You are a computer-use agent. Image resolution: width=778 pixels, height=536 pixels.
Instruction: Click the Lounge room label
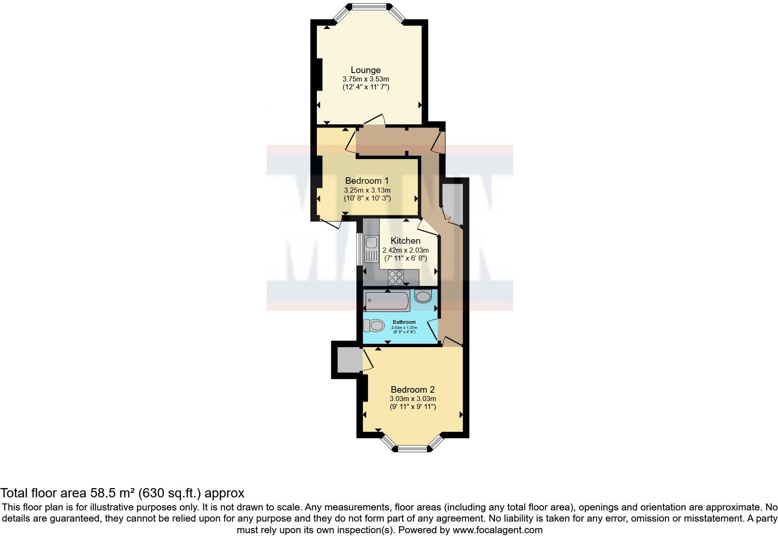click(365, 70)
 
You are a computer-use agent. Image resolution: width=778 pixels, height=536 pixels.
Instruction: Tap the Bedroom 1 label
click(367, 181)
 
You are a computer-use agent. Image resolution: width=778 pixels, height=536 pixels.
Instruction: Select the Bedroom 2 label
click(412, 389)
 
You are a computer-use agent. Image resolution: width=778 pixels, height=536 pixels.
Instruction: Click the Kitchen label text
click(405, 241)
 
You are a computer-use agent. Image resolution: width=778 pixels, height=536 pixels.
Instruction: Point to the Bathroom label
click(404, 322)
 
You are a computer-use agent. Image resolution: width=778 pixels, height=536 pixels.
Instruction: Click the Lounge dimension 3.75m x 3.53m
click(365, 79)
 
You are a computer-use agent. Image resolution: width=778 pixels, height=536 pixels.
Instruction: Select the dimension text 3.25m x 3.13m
click(367, 190)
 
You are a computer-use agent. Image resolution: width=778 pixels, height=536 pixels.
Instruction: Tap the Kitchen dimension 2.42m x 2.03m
click(405, 250)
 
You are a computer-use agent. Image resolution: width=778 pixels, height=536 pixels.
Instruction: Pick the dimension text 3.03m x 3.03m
click(412, 398)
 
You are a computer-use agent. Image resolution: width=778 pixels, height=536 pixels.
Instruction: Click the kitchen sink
click(372, 248)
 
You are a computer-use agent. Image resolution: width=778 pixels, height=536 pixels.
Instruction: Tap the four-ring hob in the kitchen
click(396, 277)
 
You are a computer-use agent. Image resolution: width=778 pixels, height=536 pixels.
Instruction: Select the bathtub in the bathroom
click(387, 301)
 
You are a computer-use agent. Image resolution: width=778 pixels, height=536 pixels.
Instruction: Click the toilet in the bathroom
click(374, 326)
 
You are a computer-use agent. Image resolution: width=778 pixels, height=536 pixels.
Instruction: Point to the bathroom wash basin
click(423, 296)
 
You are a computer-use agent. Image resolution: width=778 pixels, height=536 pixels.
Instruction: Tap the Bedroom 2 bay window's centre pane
click(412, 449)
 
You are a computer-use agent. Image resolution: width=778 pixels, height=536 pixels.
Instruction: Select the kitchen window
click(360, 249)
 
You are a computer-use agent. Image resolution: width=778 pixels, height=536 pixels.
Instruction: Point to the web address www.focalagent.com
click(497, 529)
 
